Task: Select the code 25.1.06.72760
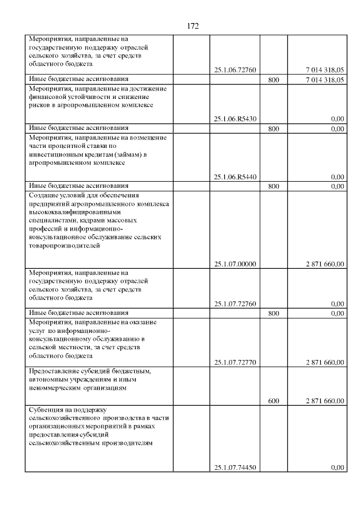click(235, 70)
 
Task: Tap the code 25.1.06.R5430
click(235, 119)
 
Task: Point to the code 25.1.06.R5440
click(235, 177)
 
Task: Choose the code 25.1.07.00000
click(235, 263)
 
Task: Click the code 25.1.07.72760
click(235, 304)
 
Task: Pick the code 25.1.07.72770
click(235, 362)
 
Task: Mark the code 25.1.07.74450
click(235, 467)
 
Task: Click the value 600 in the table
click(273, 401)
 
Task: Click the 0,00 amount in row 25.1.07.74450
click(337, 467)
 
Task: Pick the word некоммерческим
click(56, 388)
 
